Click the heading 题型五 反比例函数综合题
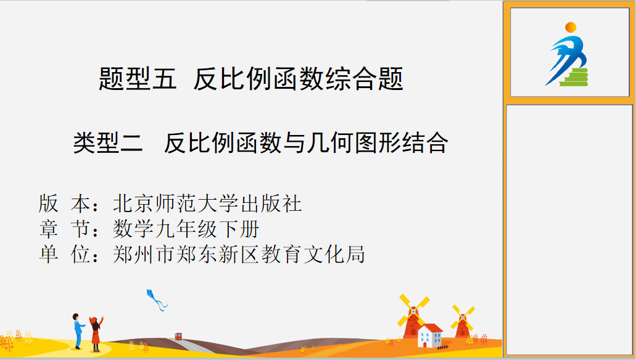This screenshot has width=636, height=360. [251, 79]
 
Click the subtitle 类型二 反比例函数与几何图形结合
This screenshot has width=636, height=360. [260, 142]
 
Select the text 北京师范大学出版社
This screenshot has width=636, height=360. [207, 203]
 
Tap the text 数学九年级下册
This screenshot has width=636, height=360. [186, 229]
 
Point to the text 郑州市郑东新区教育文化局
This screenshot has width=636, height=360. [239, 255]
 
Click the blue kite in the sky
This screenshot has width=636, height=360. [157, 300]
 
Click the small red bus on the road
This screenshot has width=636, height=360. [178, 336]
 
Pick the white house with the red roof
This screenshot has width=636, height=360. [430, 335]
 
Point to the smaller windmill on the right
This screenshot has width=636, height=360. [463, 322]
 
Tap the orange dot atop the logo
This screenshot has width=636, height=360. [571, 27]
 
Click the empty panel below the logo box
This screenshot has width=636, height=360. [569, 231]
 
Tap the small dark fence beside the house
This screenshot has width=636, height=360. [442, 348]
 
